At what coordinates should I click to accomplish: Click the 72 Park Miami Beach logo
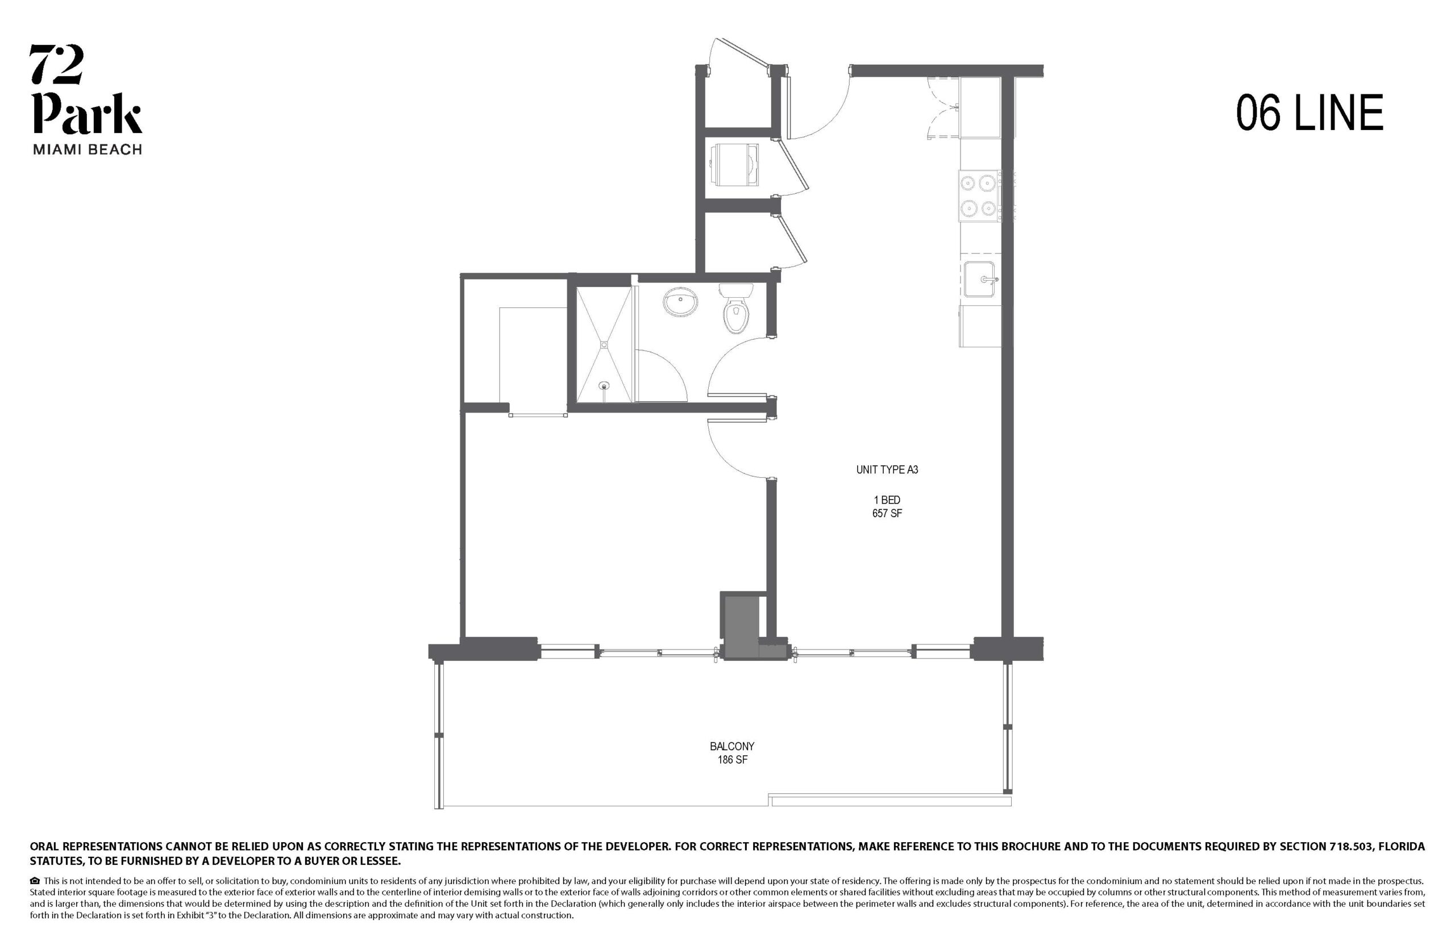[x=86, y=99]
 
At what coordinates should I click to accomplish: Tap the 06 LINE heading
[x=1309, y=113]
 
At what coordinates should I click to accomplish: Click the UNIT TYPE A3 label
[x=887, y=470]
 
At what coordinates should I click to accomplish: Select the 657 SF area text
[x=887, y=513]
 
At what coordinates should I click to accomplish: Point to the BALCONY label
[x=731, y=746]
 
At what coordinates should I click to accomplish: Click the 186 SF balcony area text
[x=732, y=760]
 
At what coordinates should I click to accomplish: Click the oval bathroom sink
[x=681, y=302]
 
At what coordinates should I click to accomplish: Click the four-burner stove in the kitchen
[x=979, y=195]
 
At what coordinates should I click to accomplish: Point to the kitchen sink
[x=980, y=279]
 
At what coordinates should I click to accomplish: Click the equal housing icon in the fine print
[x=35, y=881]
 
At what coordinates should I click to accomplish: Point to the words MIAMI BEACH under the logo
[x=87, y=149]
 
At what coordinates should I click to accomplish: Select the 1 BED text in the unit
[x=887, y=500]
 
